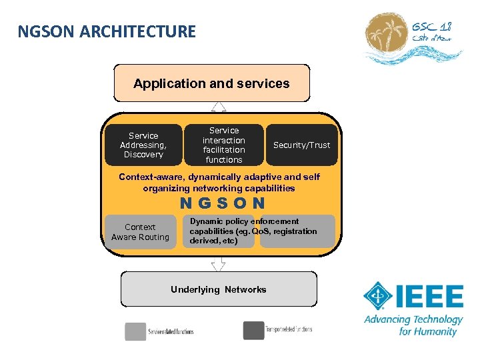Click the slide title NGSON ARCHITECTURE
tap(107, 31)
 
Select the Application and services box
tap(212, 83)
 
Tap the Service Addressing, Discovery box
tap(143, 145)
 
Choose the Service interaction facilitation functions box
tap(224, 145)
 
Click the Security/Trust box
tap(302, 145)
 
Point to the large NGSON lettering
tap(223, 203)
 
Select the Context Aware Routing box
tap(141, 232)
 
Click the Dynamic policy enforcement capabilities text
tap(253, 231)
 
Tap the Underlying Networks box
tap(219, 289)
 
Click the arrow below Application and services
tap(219, 107)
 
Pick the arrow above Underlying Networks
tap(219, 264)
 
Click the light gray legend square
tap(135, 331)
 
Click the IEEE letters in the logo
tap(431, 297)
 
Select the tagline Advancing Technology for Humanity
tap(413, 325)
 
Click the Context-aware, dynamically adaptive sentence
tap(219, 182)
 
